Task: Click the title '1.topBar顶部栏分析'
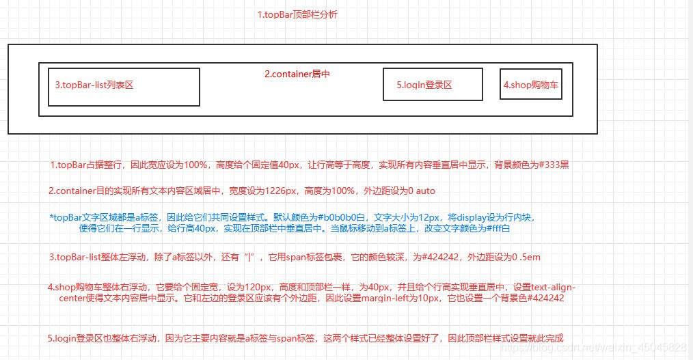point(297,14)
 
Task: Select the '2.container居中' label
point(297,74)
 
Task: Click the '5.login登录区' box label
point(424,85)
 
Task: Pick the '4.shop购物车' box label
point(531,85)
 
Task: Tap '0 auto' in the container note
point(419,191)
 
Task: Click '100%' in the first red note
point(196,165)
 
